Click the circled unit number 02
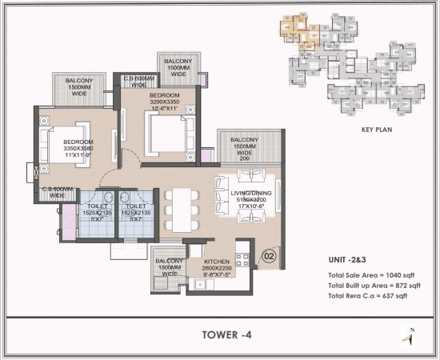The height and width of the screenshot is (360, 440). (x=270, y=256)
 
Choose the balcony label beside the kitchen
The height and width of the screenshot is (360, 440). (x=169, y=266)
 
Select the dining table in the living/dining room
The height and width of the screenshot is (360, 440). (x=179, y=206)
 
